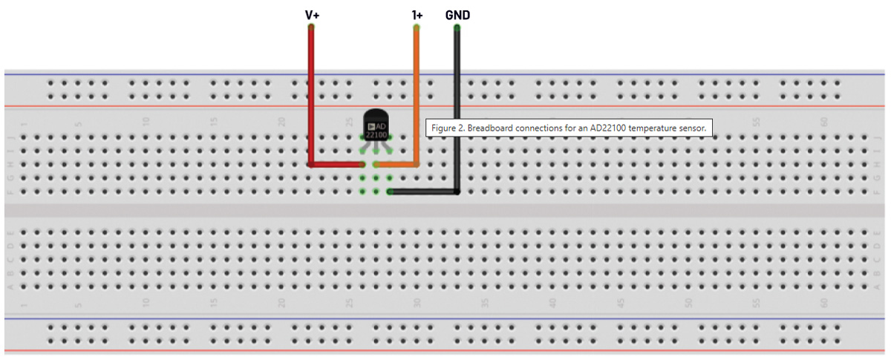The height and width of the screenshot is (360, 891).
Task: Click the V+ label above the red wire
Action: (312, 15)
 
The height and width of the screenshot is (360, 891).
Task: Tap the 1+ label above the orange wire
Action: (417, 15)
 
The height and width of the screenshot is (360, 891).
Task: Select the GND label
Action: (457, 15)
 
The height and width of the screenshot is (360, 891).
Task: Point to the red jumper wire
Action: (311, 96)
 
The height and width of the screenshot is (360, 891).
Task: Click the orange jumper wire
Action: (417, 96)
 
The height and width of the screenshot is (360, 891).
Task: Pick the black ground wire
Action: (457, 111)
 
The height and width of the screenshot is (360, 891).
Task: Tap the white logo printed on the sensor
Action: (371, 125)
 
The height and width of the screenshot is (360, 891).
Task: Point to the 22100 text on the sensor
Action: (376, 135)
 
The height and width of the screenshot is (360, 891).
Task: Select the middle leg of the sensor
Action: (376, 154)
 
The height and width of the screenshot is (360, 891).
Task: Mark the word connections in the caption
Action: (543, 128)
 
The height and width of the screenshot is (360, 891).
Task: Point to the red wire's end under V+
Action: (311, 27)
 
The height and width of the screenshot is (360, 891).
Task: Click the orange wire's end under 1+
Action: (417, 27)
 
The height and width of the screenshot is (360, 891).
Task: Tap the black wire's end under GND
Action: (457, 27)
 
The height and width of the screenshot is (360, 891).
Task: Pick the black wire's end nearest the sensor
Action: (391, 192)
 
